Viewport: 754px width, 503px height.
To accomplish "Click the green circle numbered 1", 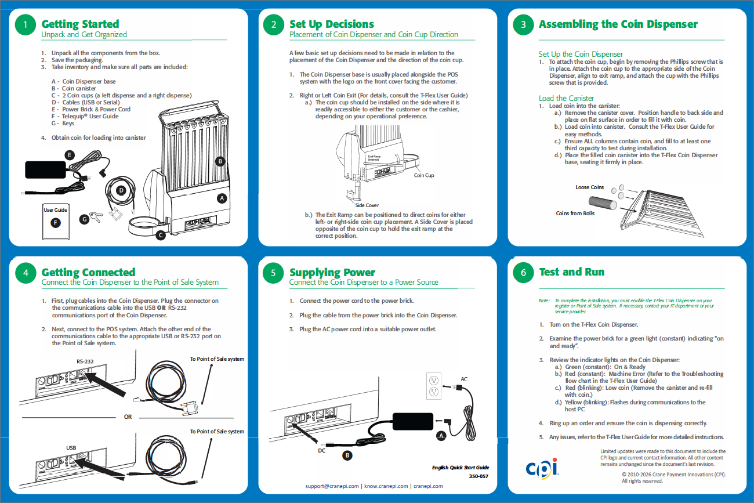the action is tap(26, 24).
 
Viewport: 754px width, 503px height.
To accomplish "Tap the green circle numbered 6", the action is tap(523, 272).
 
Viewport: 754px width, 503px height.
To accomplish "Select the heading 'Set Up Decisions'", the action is tap(332, 24).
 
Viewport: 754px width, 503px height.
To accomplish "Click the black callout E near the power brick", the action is tap(70, 155).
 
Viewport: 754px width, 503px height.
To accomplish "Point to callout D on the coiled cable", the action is tap(121, 190).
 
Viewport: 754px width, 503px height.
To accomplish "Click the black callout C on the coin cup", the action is tap(161, 235).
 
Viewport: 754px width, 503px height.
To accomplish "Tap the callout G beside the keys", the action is tap(84, 219).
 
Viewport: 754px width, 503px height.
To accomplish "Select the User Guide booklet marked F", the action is tap(56, 222).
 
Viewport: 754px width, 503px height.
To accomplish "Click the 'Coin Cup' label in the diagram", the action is tap(424, 175).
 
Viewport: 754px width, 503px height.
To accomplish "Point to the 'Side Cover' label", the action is tap(367, 205).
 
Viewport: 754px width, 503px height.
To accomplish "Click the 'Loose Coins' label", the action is tap(589, 187).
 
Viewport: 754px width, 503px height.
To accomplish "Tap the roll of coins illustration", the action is tap(603, 203).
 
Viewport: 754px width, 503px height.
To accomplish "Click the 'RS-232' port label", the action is tap(85, 361).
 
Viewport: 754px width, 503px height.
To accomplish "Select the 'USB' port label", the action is tap(71, 448).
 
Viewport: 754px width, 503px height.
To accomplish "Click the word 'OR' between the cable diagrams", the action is tap(128, 417).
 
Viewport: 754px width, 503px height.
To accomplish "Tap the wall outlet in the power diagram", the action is tap(434, 386).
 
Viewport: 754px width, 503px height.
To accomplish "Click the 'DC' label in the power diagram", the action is tap(321, 450).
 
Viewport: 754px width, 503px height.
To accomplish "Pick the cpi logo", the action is tap(542, 468).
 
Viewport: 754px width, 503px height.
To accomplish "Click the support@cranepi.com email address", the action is tap(332, 486).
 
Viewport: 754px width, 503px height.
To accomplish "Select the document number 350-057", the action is tap(478, 476).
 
